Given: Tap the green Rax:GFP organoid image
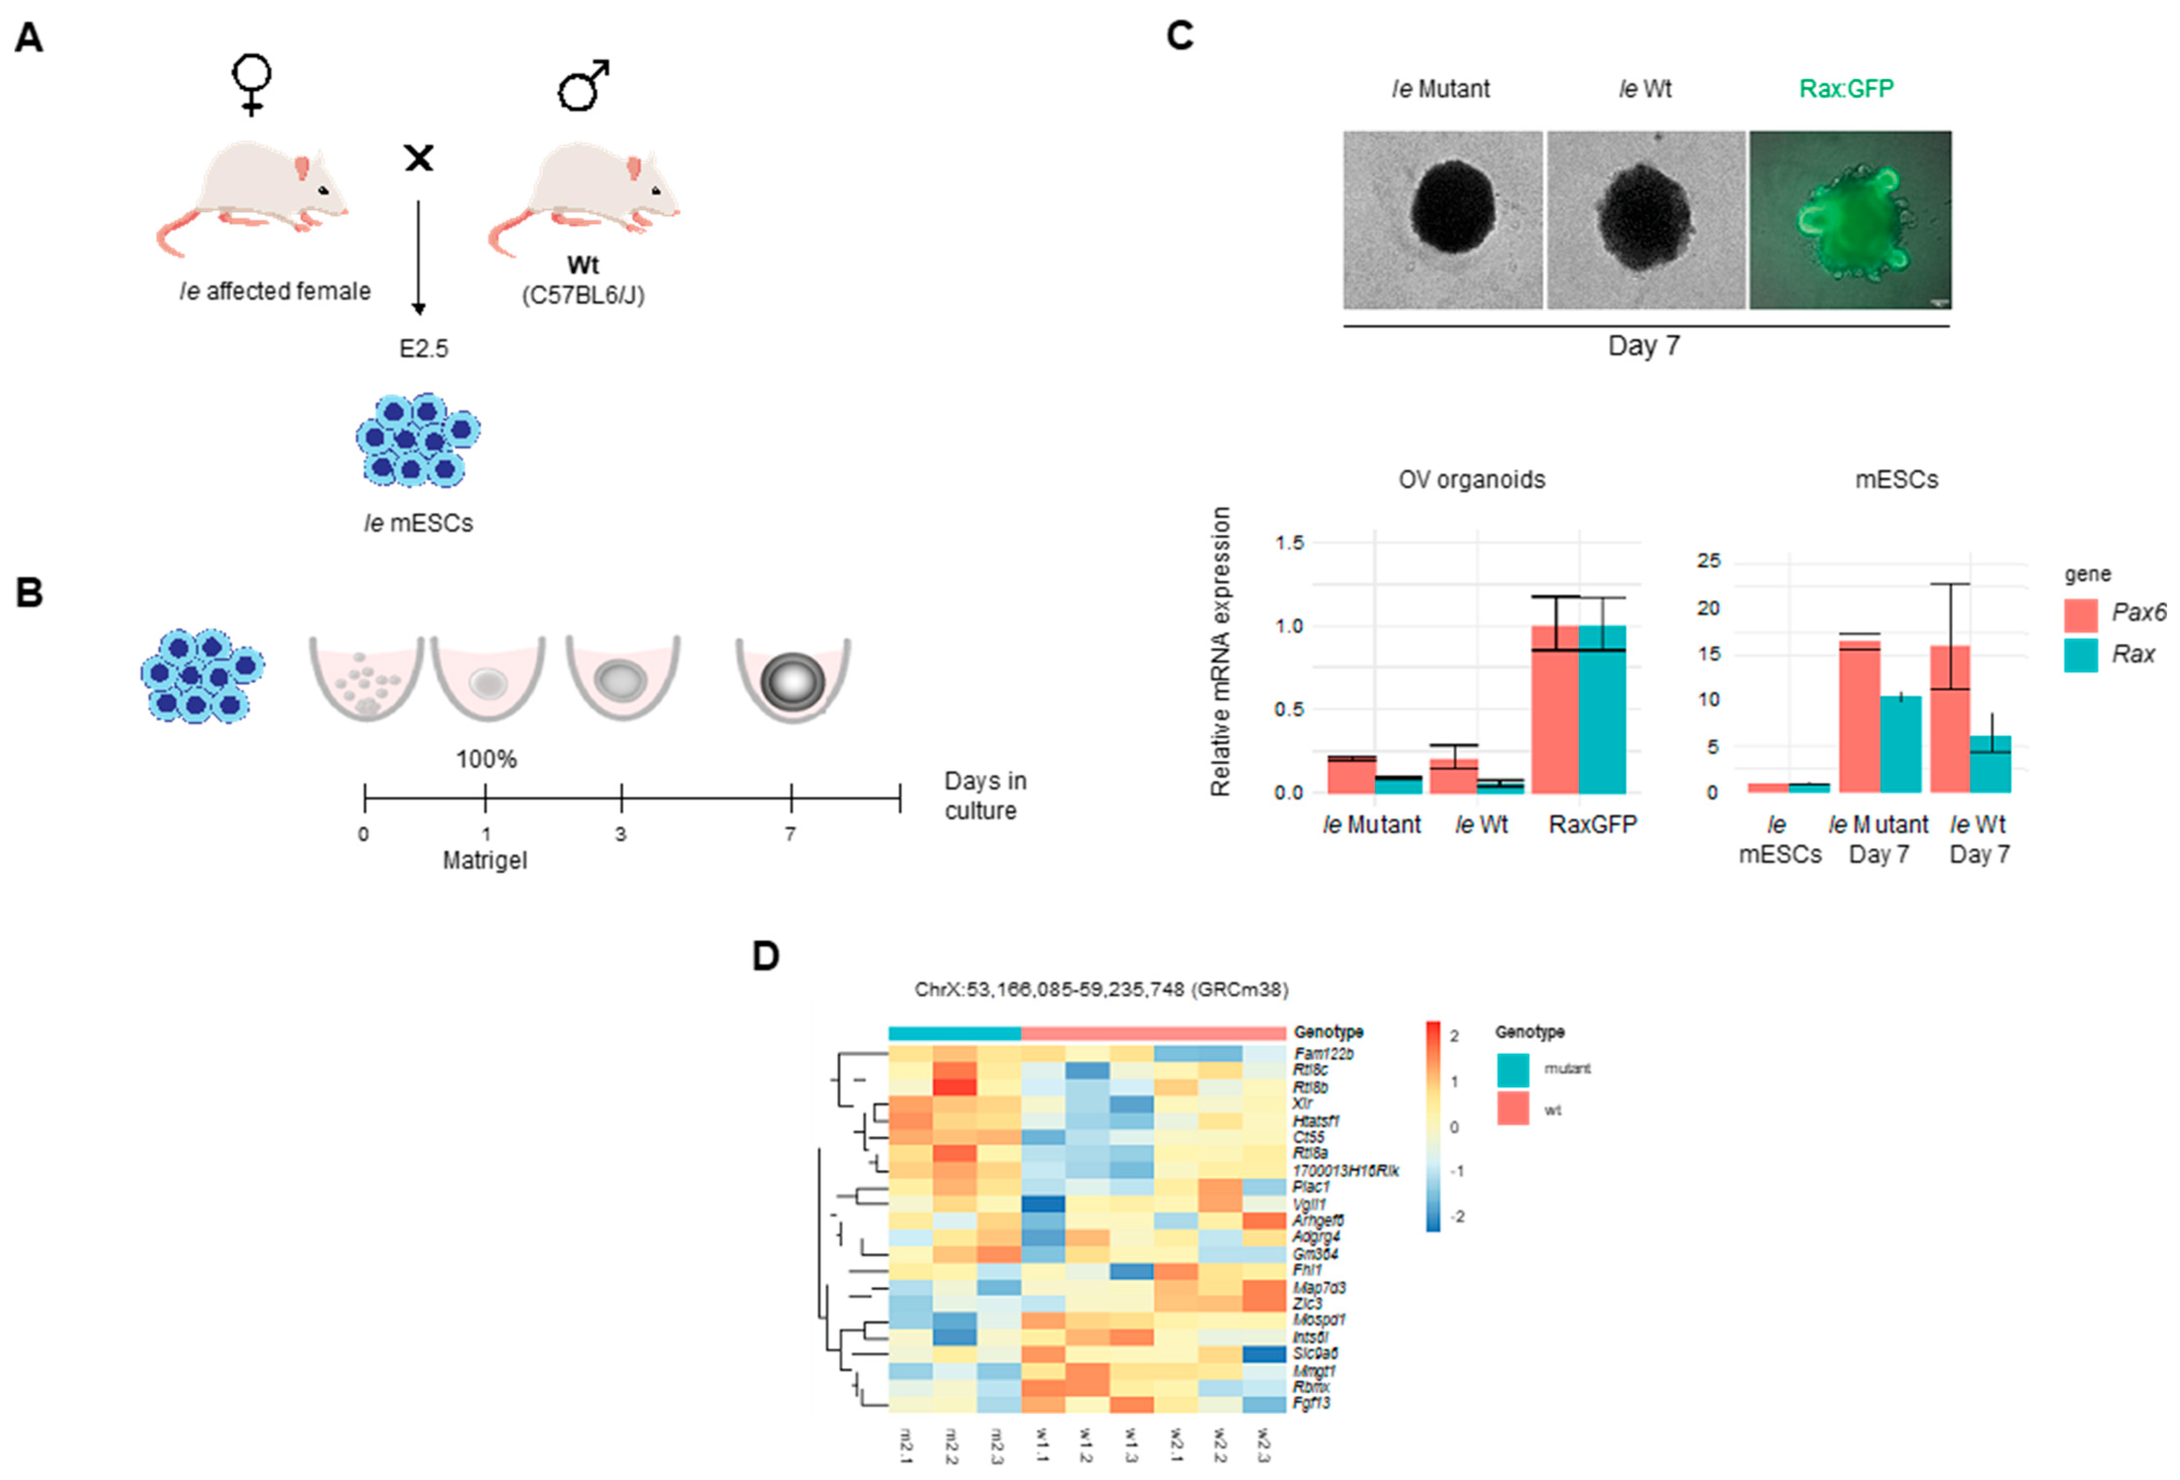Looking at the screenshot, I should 1849,220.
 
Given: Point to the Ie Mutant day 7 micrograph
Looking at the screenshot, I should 1442,220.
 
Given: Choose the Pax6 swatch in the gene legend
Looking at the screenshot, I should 2080,614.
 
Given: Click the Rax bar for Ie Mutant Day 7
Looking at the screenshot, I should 1901,744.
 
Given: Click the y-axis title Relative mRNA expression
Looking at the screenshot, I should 1219,652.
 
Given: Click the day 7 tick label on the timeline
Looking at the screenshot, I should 791,834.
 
